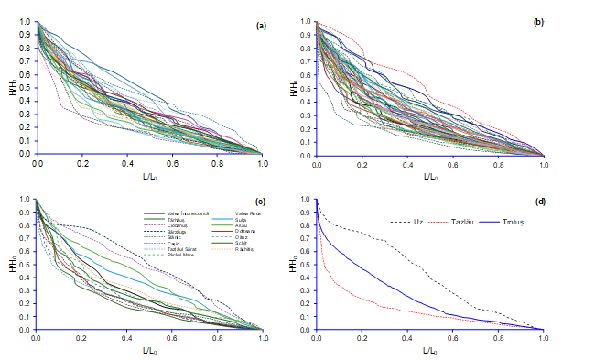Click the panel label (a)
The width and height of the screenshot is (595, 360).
[x=261, y=27]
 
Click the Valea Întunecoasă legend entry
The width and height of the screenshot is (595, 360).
[x=180, y=213]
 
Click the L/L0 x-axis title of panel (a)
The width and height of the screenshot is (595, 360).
[x=148, y=173]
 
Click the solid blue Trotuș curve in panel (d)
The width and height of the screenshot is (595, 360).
[x=384, y=284]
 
